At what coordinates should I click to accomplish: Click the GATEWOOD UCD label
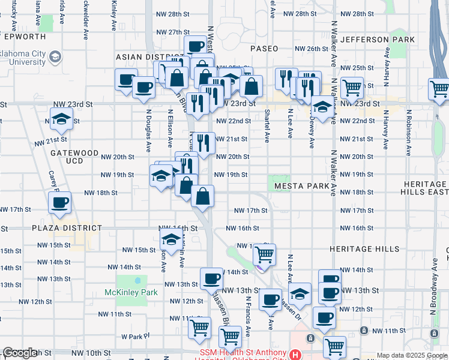[x=74, y=157]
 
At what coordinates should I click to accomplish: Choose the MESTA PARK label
[x=302, y=186]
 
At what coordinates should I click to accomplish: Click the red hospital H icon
[x=295, y=355]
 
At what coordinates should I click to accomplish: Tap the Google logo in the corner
[x=20, y=353]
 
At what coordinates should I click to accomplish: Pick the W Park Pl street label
[x=135, y=337]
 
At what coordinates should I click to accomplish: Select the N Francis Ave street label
[x=247, y=314]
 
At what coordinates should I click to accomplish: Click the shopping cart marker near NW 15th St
[x=264, y=254]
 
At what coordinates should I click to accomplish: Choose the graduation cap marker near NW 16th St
[x=172, y=239]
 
